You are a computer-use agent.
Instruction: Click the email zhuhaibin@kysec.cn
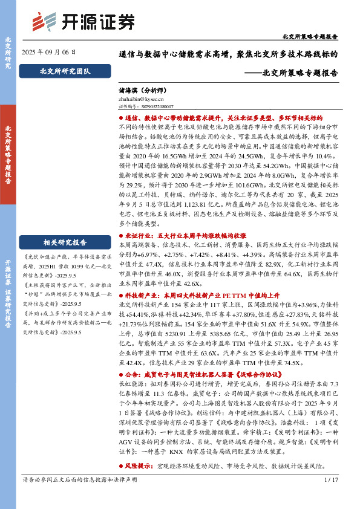click(x=142, y=97)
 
